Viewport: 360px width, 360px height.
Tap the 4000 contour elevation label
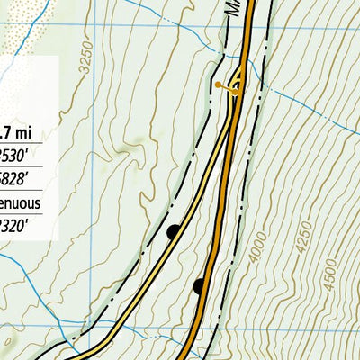(259, 247)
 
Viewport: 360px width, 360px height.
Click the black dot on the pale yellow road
(174, 232)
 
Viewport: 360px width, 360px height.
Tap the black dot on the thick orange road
(199, 286)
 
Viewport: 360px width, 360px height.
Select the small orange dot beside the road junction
(218, 85)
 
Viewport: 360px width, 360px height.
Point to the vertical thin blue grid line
(95, 180)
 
